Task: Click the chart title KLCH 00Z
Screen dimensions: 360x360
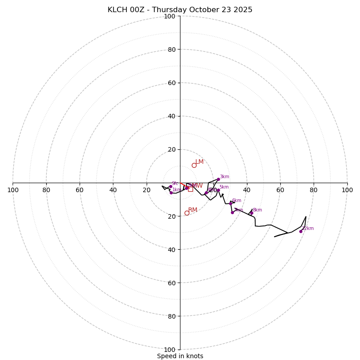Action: tap(180, 10)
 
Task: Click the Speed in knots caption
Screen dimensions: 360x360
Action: tap(180, 356)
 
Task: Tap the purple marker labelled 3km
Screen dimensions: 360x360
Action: tap(218, 179)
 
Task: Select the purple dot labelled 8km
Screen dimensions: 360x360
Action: tap(251, 213)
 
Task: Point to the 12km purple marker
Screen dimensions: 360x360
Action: tap(301, 231)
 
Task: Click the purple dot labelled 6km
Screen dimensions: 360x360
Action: tap(230, 203)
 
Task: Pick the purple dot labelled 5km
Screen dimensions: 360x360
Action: tap(218, 190)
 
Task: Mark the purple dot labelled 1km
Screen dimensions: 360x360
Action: tap(171, 193)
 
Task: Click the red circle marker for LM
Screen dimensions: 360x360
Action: tap(194, 165)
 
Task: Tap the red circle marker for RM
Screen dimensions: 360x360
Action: tap(187, 213)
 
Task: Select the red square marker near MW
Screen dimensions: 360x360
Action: tap(190, 189)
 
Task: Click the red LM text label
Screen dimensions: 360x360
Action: tap(199, 162)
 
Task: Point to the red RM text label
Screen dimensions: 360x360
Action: tap(193, 210)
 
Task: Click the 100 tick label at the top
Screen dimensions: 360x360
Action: tap(170, 16)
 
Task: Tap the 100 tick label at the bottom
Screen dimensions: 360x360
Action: tap(170, 349)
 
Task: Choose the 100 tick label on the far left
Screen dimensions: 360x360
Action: tap(13, 190)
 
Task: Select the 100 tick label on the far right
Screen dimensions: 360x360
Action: tap(347, 190)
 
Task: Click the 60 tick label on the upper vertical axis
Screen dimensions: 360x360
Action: tap(171, 83)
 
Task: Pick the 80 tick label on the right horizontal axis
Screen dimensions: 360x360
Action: tap(314, 190)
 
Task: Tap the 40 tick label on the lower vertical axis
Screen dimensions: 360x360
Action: tap(171, 249)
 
